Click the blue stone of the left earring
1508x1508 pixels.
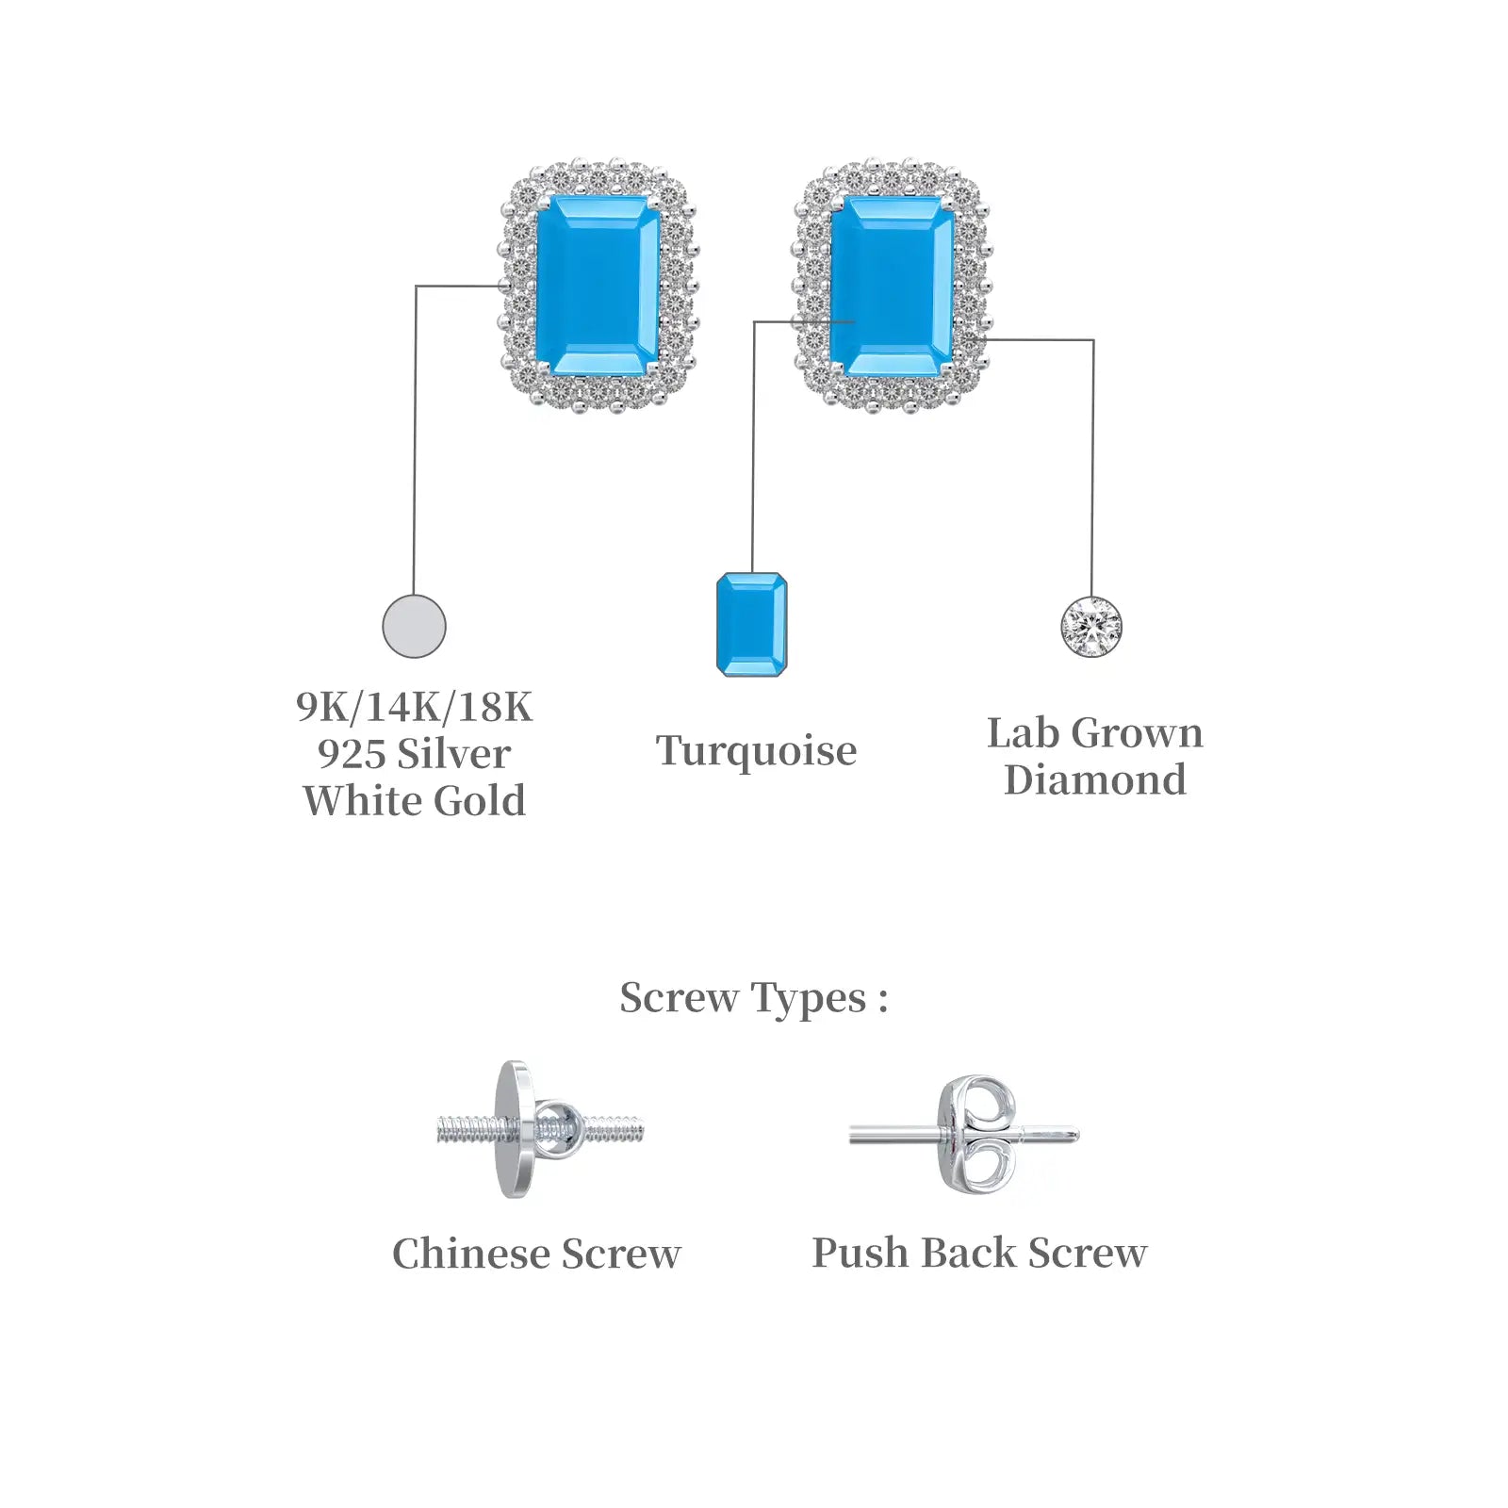(598, 286)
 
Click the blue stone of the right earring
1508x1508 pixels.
(892, 286)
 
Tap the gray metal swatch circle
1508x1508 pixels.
(414, 626)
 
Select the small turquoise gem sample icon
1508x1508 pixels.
(751, 624)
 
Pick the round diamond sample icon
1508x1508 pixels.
(1091, 627)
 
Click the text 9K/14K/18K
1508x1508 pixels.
(414, 707)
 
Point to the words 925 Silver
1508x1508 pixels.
(414, 754)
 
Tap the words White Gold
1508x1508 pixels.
(414, 801)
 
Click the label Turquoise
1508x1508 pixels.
(756, 752)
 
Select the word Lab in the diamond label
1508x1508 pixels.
(1024, 733)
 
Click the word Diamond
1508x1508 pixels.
(1095, 779)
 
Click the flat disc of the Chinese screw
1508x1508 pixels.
(514, 1129)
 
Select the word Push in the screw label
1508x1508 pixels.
(861, 1254)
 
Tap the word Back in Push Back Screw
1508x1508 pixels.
(969, 1254)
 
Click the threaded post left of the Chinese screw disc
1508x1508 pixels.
(468, 1129)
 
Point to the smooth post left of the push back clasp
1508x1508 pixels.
(894, 1136)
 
